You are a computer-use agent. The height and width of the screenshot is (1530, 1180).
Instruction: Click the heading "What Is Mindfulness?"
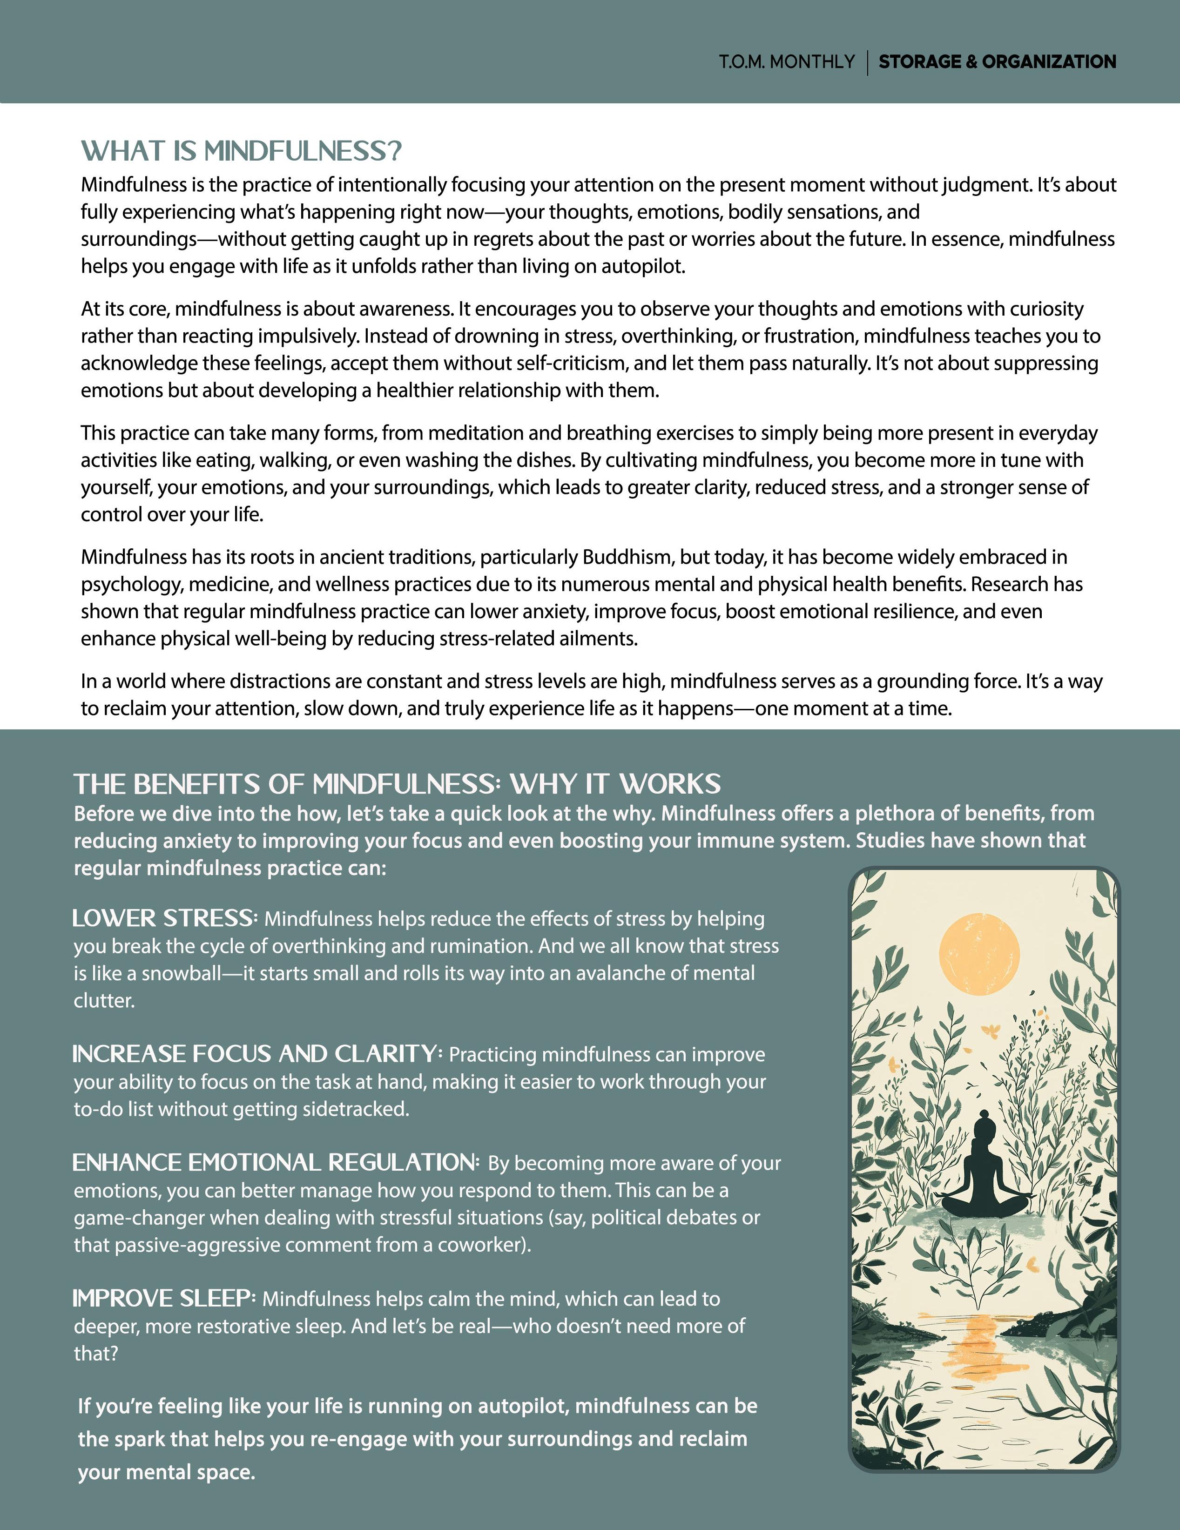tap(241, 151)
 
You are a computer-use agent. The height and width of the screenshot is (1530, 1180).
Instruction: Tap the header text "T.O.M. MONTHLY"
tap(786, 62)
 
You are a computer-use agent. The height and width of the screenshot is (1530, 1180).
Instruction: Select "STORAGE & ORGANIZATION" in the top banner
tap(997, 62)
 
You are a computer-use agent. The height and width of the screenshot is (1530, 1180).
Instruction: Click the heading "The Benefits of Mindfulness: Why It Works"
tap(398, 784)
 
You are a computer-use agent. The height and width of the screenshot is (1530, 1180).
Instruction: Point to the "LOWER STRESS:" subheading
tap(165, 918)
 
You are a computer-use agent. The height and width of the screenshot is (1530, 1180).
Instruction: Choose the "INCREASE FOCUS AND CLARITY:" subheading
tap(257, 1054)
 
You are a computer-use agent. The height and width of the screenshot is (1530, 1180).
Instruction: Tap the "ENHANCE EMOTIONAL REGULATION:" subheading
tap(276, 1163)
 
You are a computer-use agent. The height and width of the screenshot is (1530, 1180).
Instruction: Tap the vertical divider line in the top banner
tap(868, 62)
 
